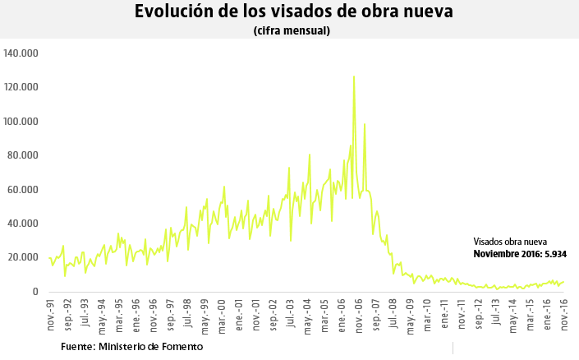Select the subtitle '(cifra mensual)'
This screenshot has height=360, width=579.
(x=292, y=31)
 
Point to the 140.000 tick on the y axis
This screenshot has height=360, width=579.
(x=22, y=53)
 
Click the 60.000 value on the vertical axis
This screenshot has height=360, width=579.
(x=25, y=190)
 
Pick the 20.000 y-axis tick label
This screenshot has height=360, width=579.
(x=25, y=258)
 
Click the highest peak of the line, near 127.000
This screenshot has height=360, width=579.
(x=354, y=76)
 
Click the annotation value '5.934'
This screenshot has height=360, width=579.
(x=554, y=254)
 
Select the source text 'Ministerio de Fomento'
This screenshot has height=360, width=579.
(x=150, y=347)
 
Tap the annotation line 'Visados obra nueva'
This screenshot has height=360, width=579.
(x=510, y=242)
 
